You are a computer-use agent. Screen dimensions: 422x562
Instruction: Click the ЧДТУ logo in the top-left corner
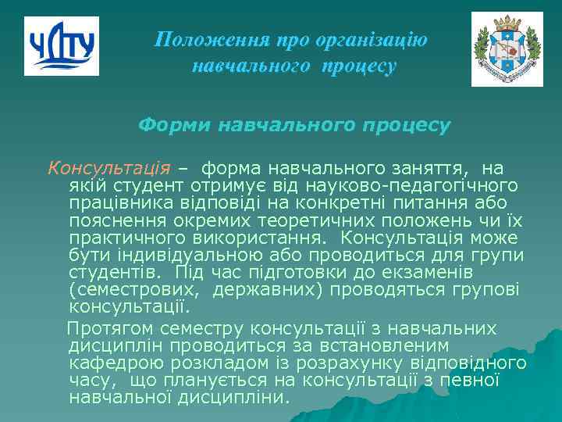[x=62, y=46]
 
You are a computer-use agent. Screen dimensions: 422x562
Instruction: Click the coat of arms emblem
[x=507, y=48]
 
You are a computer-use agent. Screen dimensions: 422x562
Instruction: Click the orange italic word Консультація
[x=109, y=167]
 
